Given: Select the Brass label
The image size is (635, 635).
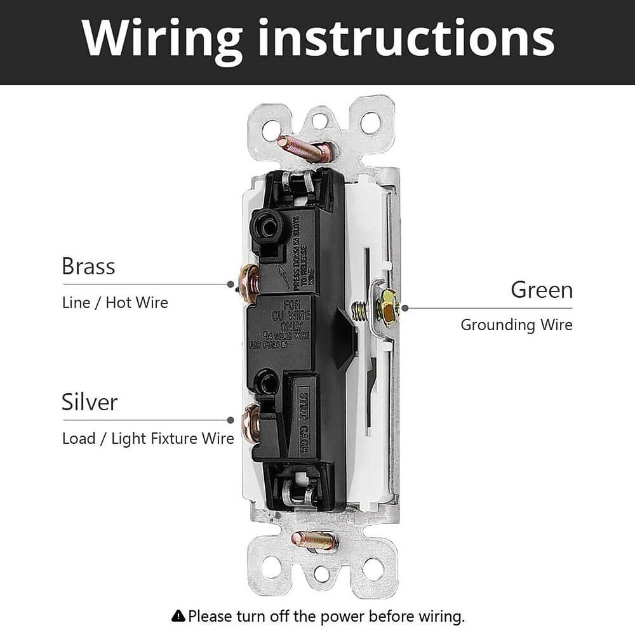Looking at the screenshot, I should pyautogui.click(x=88, y=266).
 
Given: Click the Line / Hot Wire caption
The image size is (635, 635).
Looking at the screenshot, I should pyautogui.click(x=115, y=302).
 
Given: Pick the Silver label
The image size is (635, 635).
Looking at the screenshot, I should pyautogui.click(x=90, y=402).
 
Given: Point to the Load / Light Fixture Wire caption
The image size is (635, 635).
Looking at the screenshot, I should pyautogui.click(x=148, y=438).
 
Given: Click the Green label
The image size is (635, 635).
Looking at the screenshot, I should pyautogui.click(x=542, y=290).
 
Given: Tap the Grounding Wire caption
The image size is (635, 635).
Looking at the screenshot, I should pyautogui.click(x=516, y=325).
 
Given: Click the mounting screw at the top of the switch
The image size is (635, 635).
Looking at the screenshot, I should pyautogui.click(x=305, y=149).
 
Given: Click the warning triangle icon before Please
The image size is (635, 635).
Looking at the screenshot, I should pyautogui.click(x=178, y=615).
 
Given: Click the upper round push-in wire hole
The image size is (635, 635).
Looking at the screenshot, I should pyautogui.click(x=264, y=223).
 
